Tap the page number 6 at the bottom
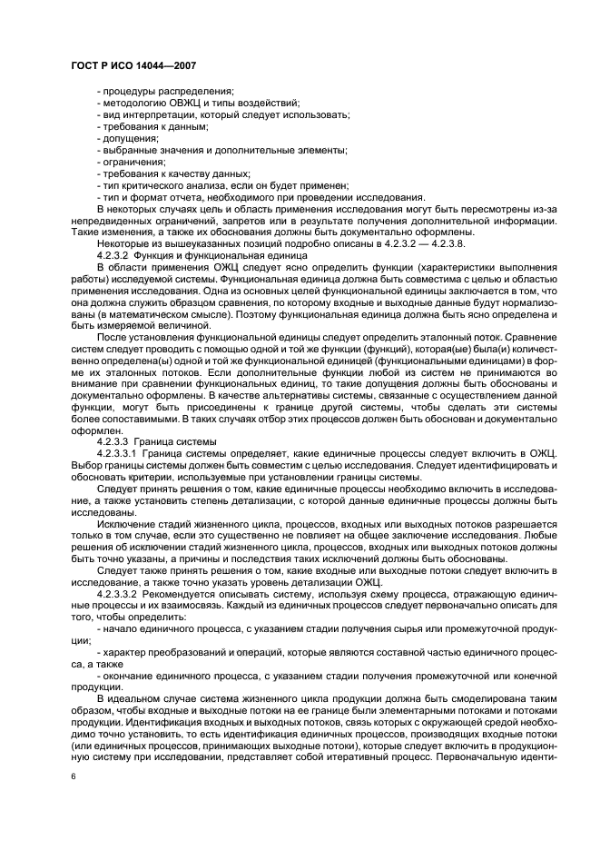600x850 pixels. pos(74,777)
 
